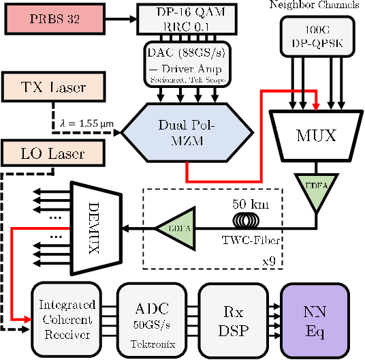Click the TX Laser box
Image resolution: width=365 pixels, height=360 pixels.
click(x=54, y=87)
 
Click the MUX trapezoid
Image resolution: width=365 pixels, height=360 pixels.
click(x=315, y=135)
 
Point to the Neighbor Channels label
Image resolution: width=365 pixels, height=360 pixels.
click(x=316, y=5)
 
